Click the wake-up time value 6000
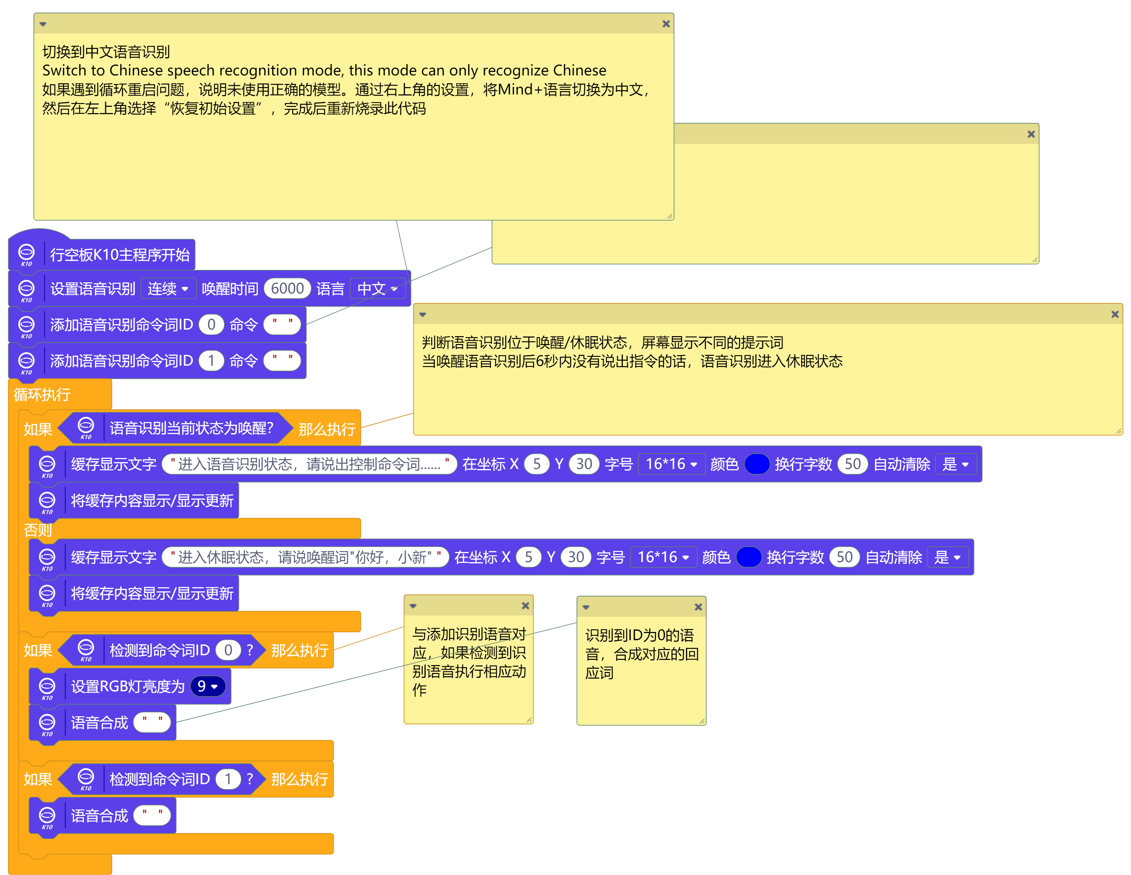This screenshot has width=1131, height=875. pos(287,288)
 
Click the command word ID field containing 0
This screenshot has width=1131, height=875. pos(211,325)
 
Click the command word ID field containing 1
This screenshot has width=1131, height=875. pos(211,361)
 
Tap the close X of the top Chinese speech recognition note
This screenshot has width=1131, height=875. pos(666,24)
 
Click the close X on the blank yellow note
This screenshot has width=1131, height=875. pos(1031,134)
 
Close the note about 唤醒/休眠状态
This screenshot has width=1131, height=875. pos(1115,314)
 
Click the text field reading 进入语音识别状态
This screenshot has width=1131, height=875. pos(309,464)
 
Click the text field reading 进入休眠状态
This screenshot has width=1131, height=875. pos(305,558)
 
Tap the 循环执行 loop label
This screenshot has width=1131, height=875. pos(42,395)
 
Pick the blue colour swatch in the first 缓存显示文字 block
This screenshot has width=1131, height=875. pos(757,464)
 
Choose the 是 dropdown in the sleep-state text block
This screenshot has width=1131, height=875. pos(947,558)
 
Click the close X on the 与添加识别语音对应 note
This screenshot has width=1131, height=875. pos(525,606)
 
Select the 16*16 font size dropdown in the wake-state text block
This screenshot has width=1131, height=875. pos(671,464)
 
